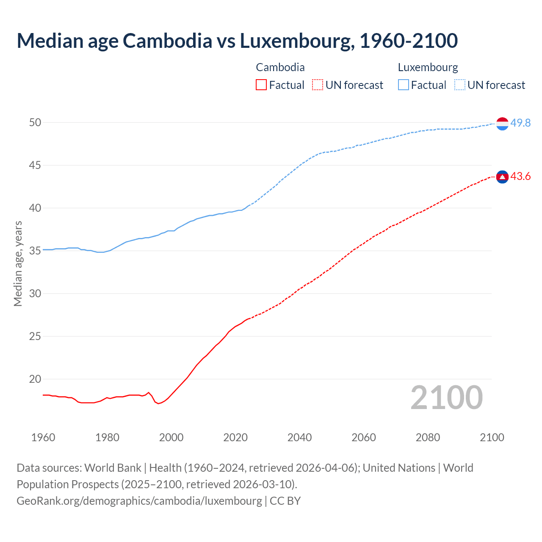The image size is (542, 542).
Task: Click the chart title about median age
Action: click(237, 41)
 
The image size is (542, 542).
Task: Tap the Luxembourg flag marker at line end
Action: click(502, 123)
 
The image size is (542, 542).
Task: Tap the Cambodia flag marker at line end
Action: click(502, 177)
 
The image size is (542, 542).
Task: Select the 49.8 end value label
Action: click(520, 123)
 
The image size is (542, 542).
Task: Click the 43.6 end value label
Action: click(520, 176)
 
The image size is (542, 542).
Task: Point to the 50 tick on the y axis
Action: click(35, 122)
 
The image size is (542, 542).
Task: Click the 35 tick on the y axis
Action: click(35, 251)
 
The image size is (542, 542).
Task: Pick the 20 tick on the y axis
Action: click(35, 379)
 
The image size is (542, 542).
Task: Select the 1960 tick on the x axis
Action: click(43, 437)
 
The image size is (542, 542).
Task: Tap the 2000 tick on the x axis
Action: click(171, 437)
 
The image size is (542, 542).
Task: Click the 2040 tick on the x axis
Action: click(299, 437)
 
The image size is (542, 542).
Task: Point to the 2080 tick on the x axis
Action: click(428, 437)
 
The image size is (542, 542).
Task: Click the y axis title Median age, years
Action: click(18, 263)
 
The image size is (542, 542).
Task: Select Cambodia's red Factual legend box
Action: click(261, 85)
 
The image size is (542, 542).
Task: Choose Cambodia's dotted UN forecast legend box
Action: click(318, 85)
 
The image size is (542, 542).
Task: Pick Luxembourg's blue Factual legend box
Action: click(404, 85)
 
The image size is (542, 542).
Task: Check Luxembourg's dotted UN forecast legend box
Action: click(460, 85)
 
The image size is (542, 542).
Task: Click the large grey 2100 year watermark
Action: click(446, 397)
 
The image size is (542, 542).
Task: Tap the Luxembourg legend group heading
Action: click(428, 67)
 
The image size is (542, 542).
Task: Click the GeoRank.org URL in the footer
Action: click(139, 501)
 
